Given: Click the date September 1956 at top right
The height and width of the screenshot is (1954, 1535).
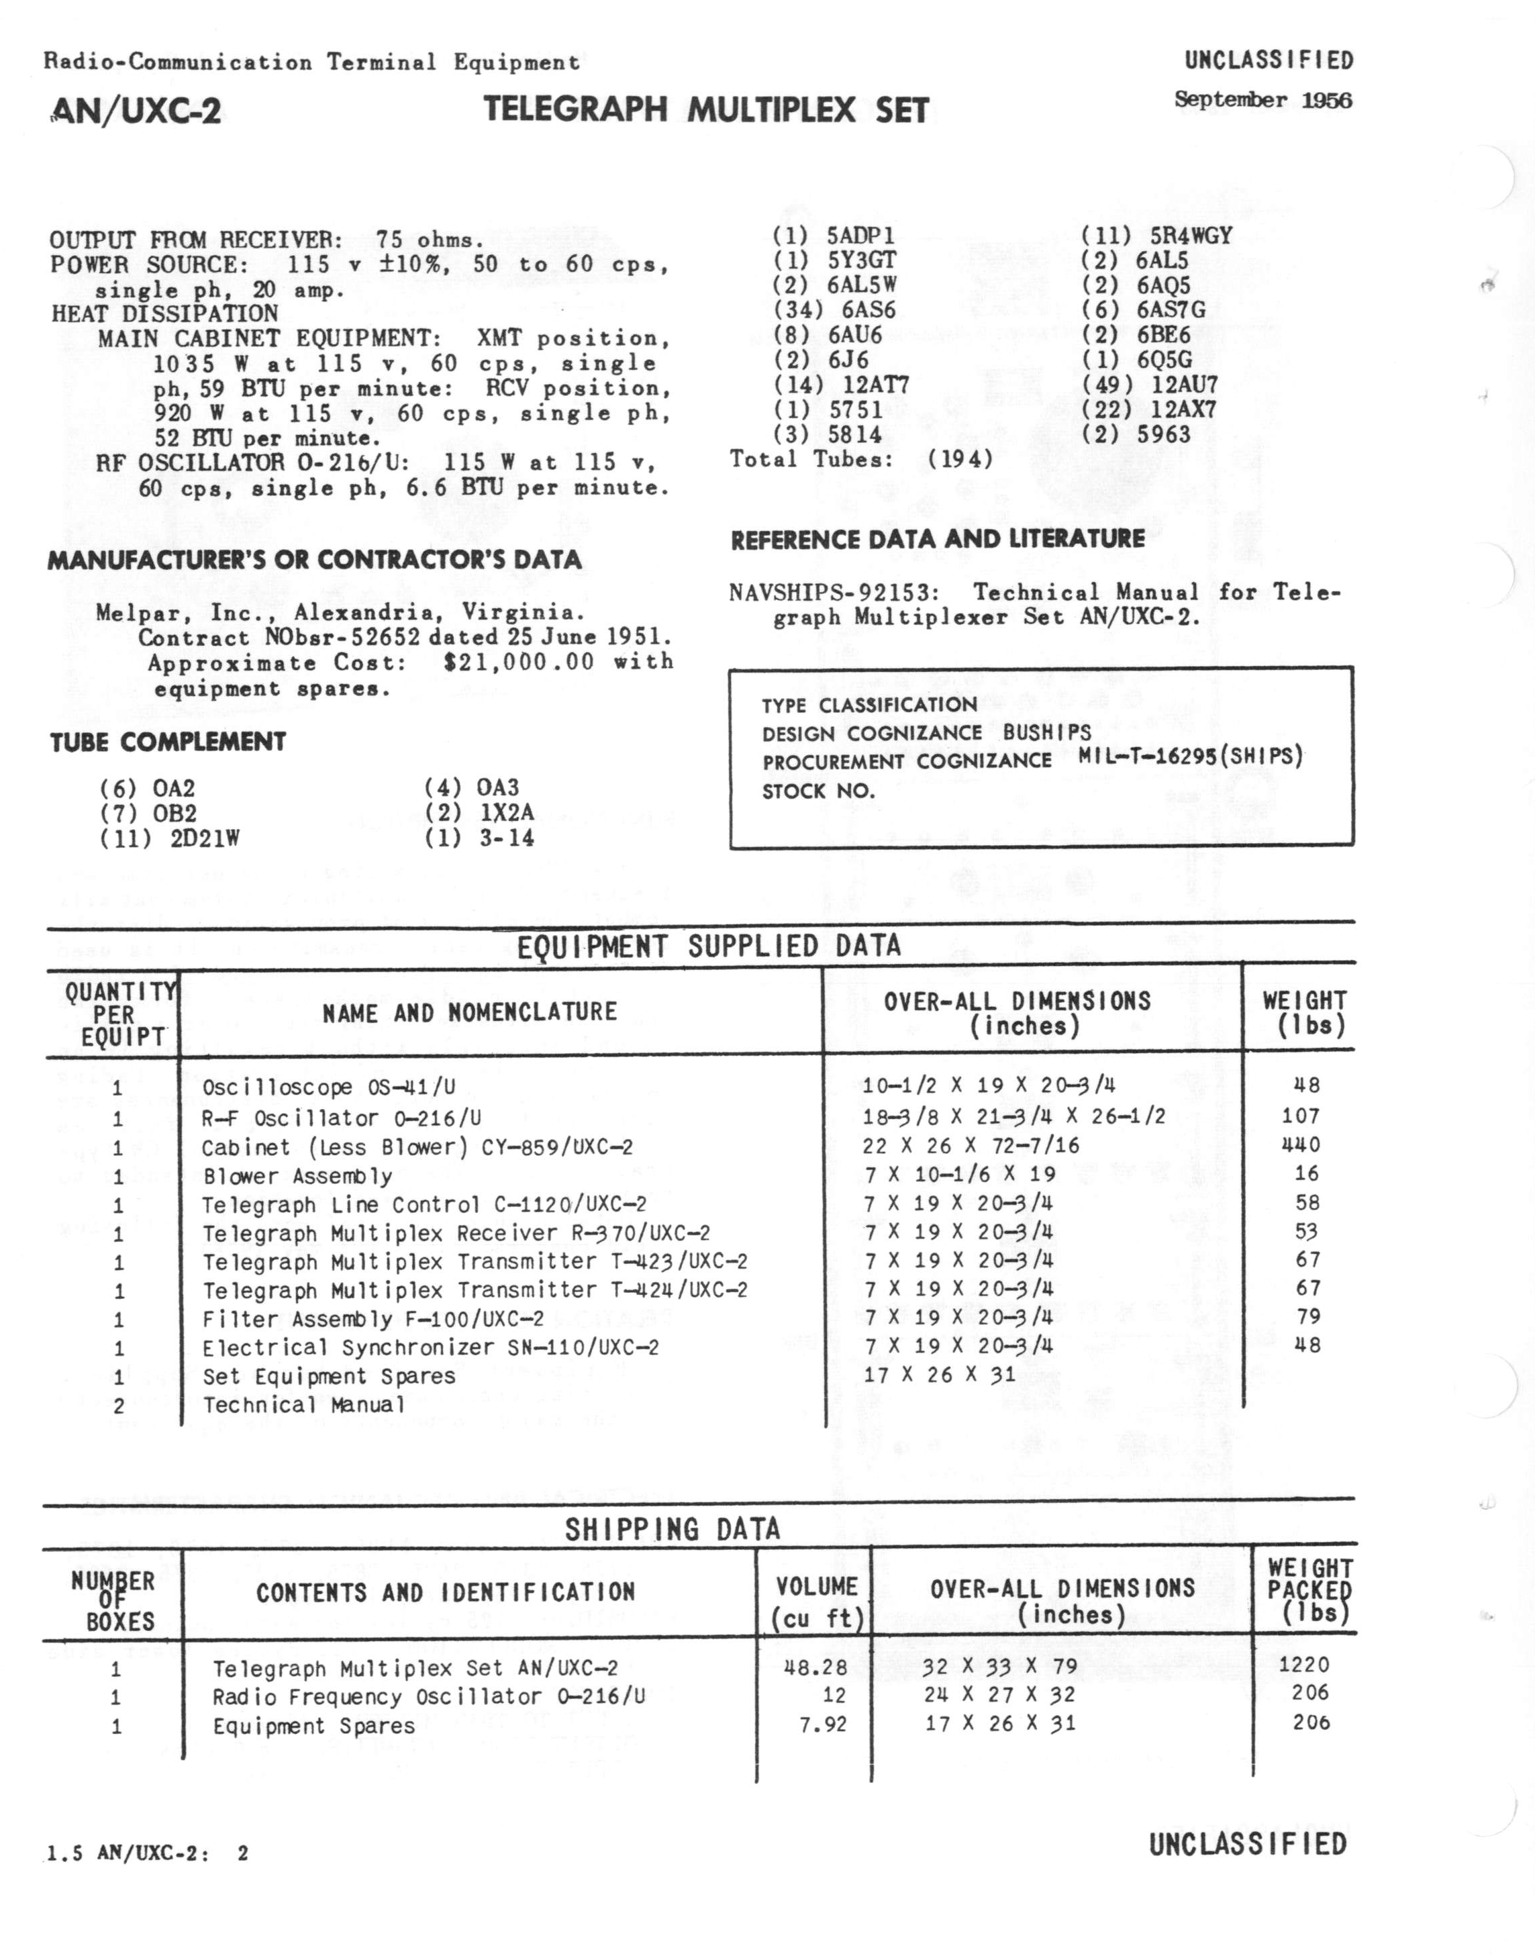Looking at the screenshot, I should (x=1262, y=100).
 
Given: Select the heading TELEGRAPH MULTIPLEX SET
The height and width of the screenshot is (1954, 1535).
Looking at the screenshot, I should (x=705, y=109).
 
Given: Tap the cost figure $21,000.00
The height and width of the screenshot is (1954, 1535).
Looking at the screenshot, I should (x=519, y=663).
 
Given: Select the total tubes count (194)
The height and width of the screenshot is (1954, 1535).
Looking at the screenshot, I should (x=960, y=459).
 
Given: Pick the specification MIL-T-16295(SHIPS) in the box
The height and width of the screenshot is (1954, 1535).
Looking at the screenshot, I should (x=1190, y=756).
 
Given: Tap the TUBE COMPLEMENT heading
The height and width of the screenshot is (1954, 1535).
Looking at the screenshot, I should (x=168, y=742).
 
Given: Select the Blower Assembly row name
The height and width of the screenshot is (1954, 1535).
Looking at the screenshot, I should (x=297, y=1177).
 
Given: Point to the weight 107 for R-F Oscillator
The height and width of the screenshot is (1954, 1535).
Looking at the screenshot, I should (x=1301, y=1116).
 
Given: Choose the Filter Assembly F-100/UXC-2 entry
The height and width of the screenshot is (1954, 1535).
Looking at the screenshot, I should (x=373, y=1320).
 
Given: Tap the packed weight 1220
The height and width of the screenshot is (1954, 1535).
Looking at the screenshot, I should (x=1303, y=1665).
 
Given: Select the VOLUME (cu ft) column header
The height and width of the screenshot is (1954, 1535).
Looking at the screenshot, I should (x=816, y=1604).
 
